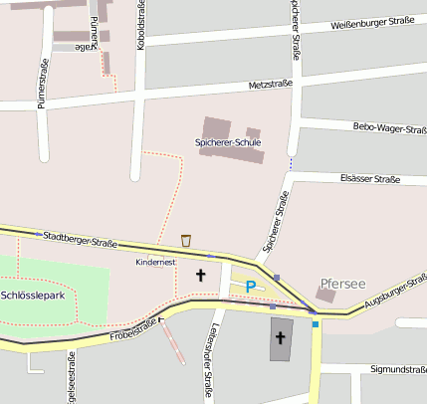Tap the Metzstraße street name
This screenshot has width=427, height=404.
point(271,85)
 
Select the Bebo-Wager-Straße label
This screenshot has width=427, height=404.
point(389,127)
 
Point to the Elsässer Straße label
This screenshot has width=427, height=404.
point(369,179)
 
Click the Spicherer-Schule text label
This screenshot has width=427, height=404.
point(228,143)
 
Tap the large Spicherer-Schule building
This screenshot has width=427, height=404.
point(216,128)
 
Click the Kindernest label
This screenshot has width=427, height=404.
point(155,262)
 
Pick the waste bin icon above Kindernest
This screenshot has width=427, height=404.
point(186,240)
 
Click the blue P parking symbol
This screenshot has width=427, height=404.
point(251,287)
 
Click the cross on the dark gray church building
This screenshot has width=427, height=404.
point(280,338)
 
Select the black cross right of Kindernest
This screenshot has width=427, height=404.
point(200,274)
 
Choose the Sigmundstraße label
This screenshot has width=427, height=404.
point(397,368)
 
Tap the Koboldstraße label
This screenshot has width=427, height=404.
point(142,26)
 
